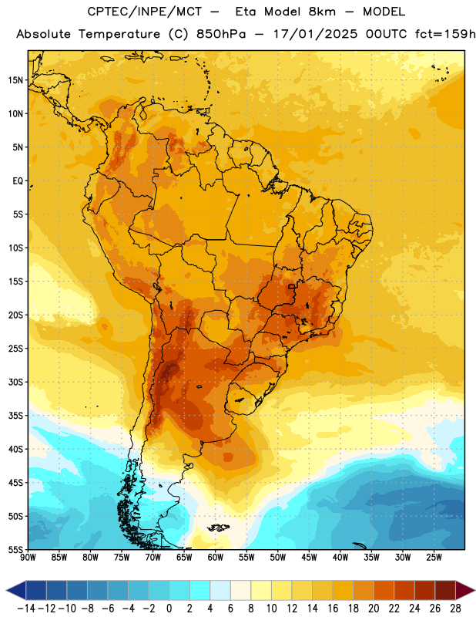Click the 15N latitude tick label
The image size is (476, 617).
[15, 80]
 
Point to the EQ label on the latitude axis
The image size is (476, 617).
[18, 181]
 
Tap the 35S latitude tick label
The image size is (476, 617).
[15, 416]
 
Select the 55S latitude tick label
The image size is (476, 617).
[15, 549]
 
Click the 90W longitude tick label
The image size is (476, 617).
[28, 557]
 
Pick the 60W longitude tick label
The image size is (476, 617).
[216, 557]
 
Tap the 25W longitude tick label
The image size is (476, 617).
[434, 557]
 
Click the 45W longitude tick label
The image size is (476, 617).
[309, 557]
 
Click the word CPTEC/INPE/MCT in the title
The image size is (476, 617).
[144, 12]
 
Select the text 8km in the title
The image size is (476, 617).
[322, 12]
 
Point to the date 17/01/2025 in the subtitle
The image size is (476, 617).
[315, 34]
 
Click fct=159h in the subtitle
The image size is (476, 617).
[445, 34]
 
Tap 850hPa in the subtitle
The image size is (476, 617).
[221, 34]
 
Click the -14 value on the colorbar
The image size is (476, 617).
[26, 609]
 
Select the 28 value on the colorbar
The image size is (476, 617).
[455, 609]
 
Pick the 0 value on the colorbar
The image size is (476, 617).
[169, 609]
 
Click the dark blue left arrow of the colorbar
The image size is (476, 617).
[16, 590]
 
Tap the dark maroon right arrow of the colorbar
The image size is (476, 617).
[465, 590]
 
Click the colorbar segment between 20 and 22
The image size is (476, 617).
[384, 590]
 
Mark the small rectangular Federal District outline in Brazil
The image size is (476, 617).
[292, 286]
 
